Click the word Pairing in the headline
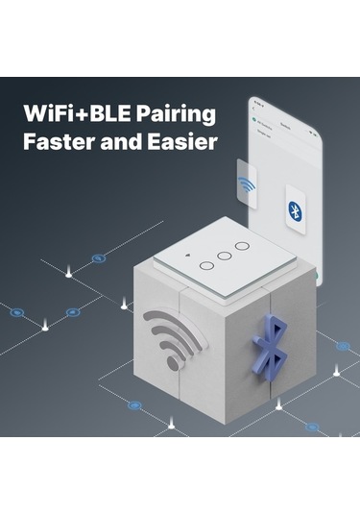point(174,114)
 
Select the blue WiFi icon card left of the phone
point(248,183)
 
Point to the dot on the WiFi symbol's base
point(172,362)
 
